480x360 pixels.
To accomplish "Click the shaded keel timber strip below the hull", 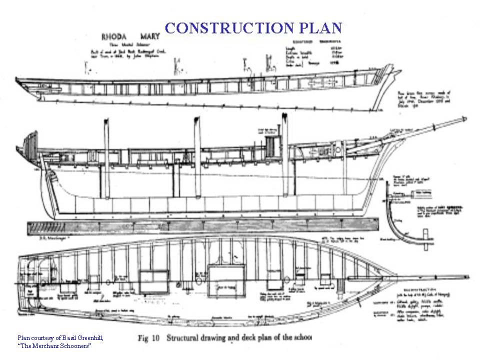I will tap(200, 227).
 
